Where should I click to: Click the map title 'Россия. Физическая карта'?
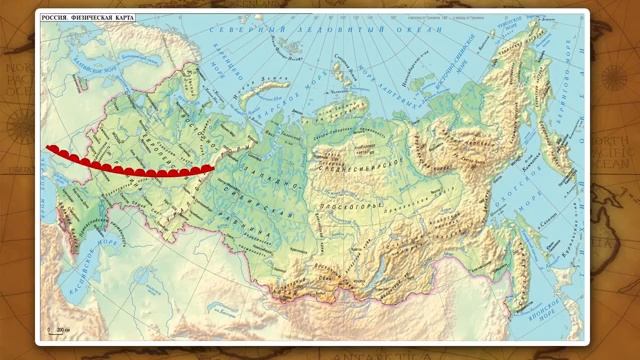[x=88, y=18]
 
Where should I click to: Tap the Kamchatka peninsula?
[x=556, y=150]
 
